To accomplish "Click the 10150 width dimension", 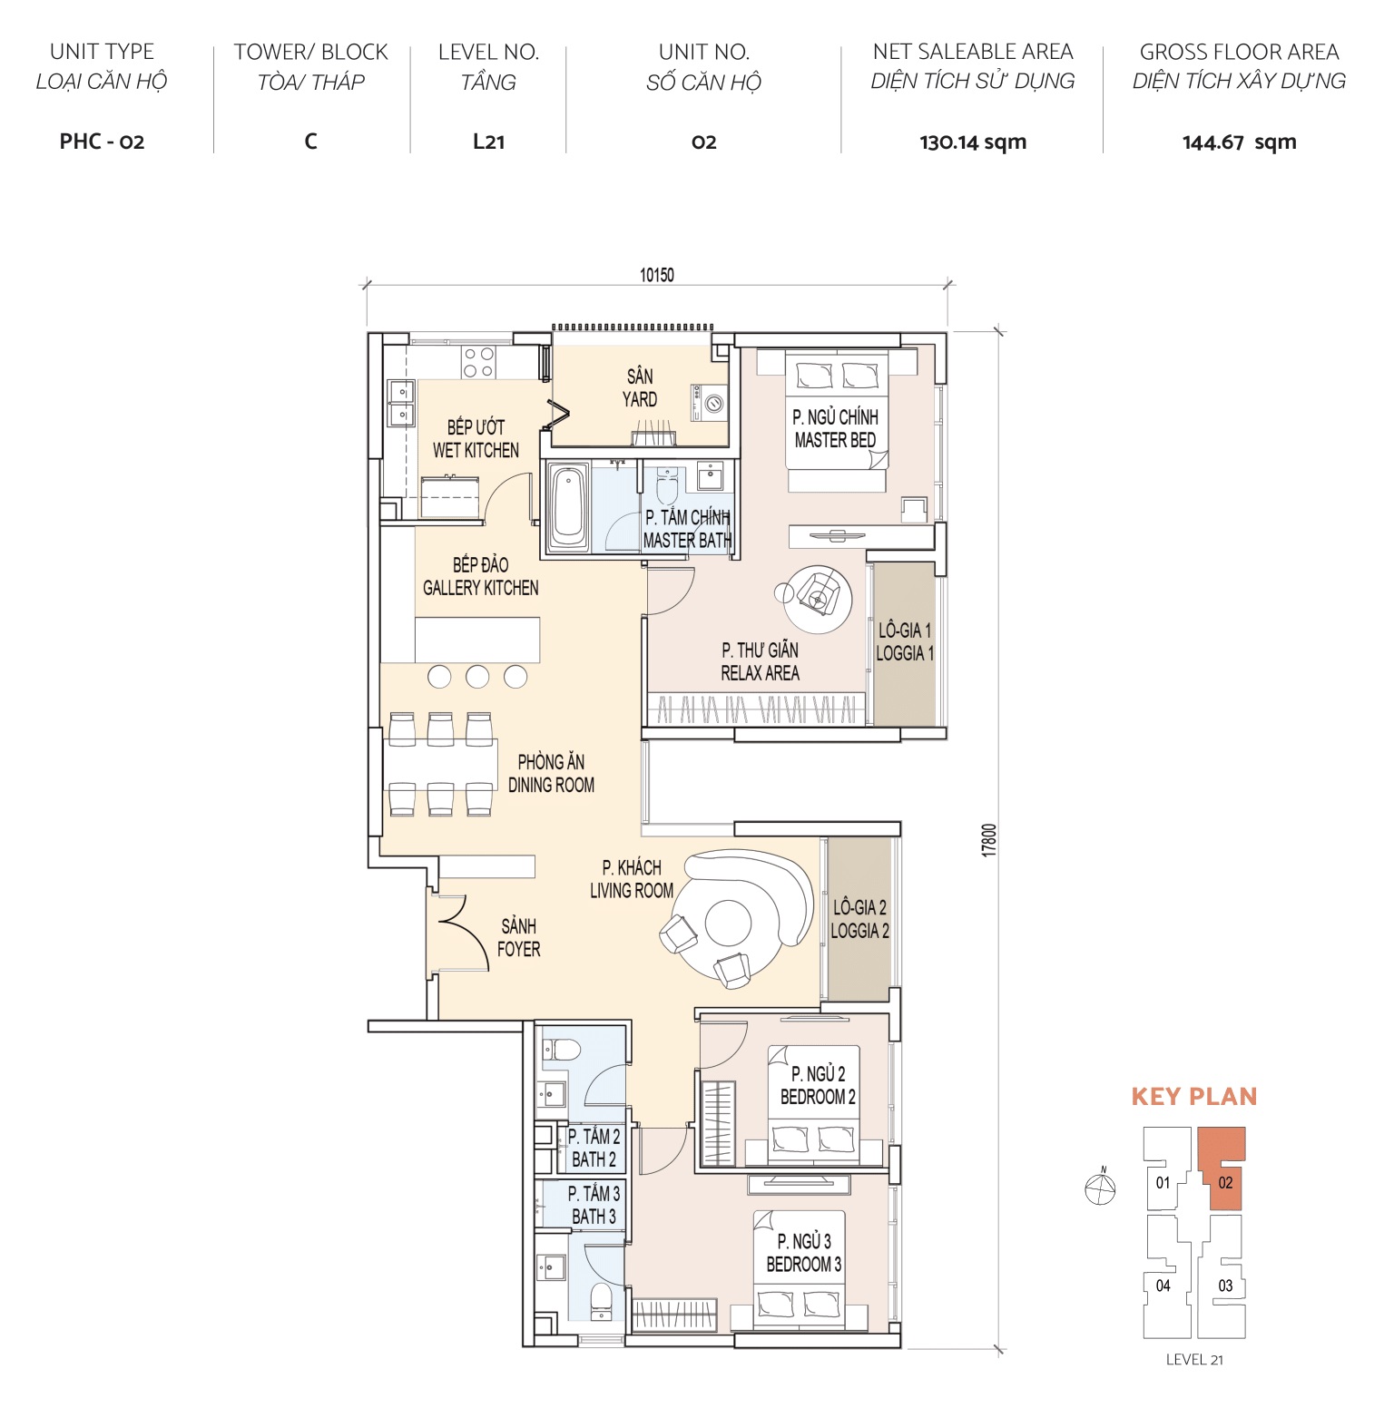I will pos(656,275).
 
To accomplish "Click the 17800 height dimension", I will pos(989,840).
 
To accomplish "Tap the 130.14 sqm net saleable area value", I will pos(972,142).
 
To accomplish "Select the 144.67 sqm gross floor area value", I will pos(1239,142).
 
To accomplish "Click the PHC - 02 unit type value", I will pos(102,142).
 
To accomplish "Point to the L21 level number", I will pos(488,142).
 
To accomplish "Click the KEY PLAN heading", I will pos(1193,1097).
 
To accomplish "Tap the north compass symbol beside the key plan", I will pos(1100,1188).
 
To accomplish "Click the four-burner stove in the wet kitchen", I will pos(478,362).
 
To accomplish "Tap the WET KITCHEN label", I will pos(476,439).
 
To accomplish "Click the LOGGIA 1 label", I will pos(904,641).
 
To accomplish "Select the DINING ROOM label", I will pos(551,774).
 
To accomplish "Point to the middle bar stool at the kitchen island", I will pos(477,676).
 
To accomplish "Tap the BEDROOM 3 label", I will pos(803,1253).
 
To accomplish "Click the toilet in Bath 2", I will pos(562,1050).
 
